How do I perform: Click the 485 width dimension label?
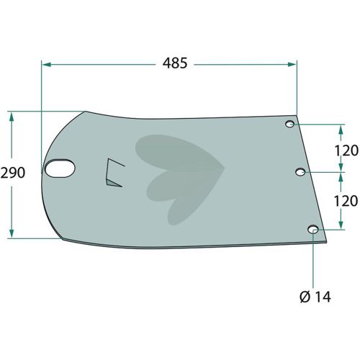coord(175,63)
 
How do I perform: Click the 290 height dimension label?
coord(13,173)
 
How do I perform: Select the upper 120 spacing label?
coord(346,150)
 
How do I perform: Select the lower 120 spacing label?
coord(346,201)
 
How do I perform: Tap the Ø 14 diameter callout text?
coord(315,297)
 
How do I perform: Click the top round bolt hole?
coord(290,124)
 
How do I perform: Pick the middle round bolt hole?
coord(300,172)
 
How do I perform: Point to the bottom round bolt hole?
coord(313,230)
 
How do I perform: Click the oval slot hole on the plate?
coord(60,168)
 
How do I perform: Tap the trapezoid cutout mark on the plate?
coord(114,173)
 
